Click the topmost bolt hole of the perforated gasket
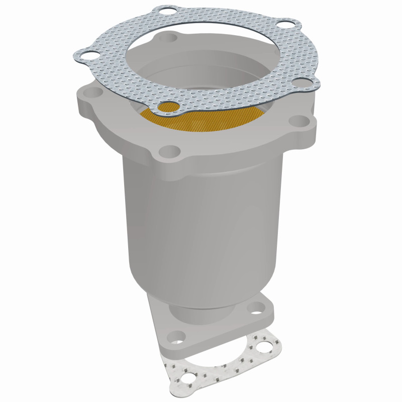coord(165,11)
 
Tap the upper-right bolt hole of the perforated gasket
coord(285,23)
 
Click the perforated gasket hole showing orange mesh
coord(169,107)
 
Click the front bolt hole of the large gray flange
coord(170,151)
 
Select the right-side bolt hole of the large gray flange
coord(300,121)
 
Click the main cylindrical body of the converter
coord(201,216)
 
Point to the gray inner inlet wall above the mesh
coord(201,75)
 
